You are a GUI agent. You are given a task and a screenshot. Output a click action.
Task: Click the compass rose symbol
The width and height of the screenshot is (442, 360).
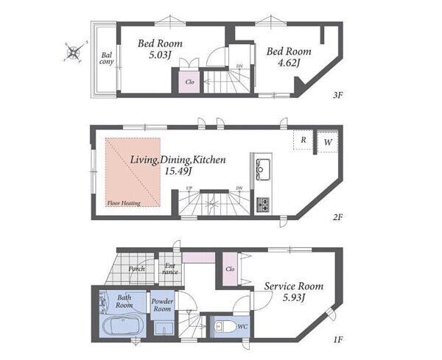74,52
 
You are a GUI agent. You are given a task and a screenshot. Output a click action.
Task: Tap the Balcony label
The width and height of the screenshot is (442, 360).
106,58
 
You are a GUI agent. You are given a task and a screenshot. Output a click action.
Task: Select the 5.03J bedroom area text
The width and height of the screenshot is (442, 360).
160,54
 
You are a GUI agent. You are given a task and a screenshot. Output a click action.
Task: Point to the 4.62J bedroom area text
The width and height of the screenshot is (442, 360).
288,63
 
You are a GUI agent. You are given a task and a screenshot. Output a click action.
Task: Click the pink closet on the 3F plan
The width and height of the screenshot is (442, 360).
190,82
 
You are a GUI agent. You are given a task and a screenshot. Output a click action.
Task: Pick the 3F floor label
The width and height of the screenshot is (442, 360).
337,95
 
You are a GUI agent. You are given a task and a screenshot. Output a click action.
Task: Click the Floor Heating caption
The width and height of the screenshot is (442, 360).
124,203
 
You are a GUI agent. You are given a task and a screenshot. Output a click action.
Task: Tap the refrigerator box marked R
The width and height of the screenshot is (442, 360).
303,140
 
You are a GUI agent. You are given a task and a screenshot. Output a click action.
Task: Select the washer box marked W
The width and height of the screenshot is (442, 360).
327,141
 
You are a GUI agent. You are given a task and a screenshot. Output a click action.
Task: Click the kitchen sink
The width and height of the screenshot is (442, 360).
263,169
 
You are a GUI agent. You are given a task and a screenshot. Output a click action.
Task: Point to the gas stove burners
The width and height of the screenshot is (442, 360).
263,205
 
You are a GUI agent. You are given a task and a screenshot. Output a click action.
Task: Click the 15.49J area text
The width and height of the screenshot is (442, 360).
178,171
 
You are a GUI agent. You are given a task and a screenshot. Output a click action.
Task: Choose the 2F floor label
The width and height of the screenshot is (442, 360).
337,217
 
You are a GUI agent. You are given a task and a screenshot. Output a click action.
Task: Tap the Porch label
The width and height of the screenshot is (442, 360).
137,269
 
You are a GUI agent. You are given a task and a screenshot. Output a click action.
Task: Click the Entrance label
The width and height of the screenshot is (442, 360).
170,269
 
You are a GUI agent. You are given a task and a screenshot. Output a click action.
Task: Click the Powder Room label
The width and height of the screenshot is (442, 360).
162,305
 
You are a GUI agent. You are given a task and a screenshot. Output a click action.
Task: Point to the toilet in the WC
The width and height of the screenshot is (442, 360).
222,327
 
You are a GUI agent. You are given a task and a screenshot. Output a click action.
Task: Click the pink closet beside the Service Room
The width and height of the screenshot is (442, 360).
230,269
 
